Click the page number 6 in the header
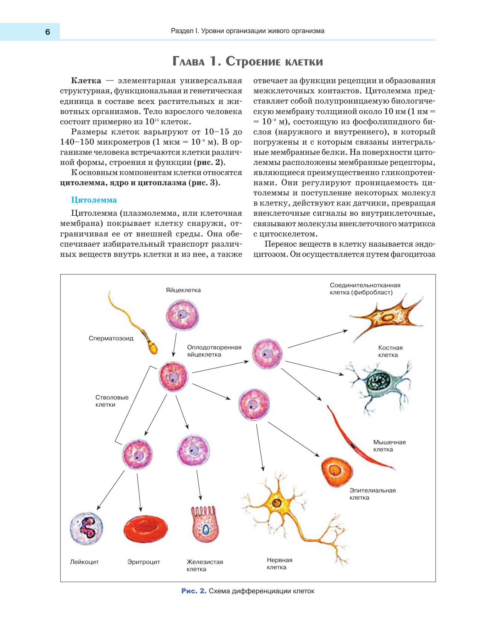[47, 32]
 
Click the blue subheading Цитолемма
[94, 200]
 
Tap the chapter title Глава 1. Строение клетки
[248, 61]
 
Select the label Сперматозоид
[111, 338]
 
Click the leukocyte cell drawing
[87, 528]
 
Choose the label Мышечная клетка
[389, 446]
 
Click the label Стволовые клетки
[112, 401]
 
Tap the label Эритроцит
[143, 562]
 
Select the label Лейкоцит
[84, 562]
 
